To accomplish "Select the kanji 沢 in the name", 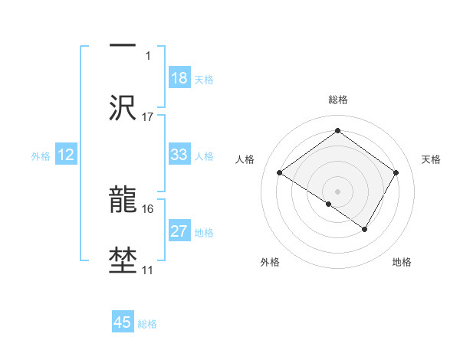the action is click(123, 108).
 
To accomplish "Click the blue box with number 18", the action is click(179, 78).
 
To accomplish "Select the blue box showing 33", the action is click(179, 155).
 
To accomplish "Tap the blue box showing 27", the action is click(179, 231).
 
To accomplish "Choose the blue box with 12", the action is click(66, 155).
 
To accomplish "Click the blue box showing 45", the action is click(123, 322).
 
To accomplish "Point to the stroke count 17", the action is click(148, 117).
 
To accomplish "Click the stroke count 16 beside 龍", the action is click(148, 208).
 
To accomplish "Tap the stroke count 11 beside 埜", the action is click(148, 270).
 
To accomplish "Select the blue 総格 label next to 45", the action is click(148, 324).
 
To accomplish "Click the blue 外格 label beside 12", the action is click(41, 155).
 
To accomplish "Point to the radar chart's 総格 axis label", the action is click(338, 100).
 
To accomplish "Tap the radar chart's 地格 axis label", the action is click(402, 262).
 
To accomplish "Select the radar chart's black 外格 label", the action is click(270, 262).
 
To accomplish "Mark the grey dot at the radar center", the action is click(337, 191).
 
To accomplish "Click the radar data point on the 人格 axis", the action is click(280, 173).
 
